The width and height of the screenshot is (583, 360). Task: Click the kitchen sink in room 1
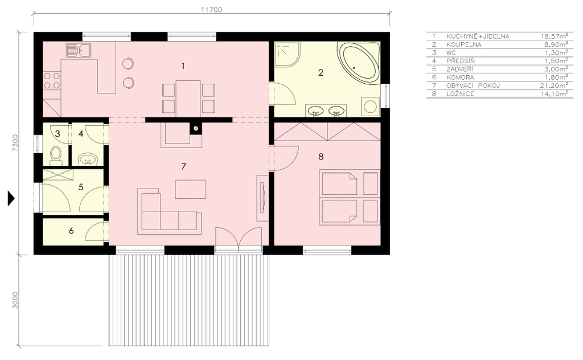(79, 50)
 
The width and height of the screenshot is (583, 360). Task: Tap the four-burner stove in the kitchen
(52, 81)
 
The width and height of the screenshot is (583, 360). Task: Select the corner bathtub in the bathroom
(359, 62)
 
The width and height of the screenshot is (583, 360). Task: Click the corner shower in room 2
(288, 54)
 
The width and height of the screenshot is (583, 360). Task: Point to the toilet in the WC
(56, 156)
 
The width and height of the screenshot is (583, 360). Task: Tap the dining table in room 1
(188, 99)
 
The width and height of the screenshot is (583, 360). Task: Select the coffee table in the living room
(191, 189)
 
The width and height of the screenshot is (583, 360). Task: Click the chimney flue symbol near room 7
(196, 129)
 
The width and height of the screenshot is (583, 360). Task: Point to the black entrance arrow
(11, 199)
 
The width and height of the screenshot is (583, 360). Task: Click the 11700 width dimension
(212, 10)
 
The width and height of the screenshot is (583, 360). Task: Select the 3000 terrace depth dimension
(15, 300)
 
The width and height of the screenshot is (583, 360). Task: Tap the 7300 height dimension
(15, 143)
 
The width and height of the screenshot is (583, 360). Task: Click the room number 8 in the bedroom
(321, 157)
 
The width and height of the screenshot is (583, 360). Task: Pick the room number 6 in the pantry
(71, 231)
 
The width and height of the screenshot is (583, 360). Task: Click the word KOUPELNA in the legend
(463, 44)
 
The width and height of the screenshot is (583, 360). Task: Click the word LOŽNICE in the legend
(460, 94)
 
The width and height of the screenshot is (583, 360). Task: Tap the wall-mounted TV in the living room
(262, 198)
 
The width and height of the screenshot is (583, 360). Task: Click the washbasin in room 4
(88, 159)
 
